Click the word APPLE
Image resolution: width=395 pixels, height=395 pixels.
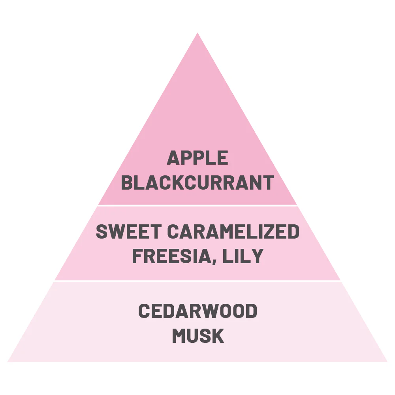click(197, 158)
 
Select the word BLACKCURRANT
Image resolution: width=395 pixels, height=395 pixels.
click(197, 182)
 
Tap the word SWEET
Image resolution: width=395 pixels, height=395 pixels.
click(128, 231)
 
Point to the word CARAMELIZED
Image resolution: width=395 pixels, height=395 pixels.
click(233, 231)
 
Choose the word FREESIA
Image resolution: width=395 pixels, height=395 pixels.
click(172, 256)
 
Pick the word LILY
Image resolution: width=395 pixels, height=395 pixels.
click(243, 256)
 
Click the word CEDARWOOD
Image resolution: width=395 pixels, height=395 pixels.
click(198, 310)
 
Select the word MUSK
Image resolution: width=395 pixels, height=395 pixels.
click(198, 335)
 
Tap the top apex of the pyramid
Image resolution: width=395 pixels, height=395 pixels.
click(197, 33)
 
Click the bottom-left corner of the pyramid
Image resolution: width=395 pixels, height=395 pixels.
click(8, 362)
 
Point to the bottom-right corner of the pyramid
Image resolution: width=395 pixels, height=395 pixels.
click(387, 362)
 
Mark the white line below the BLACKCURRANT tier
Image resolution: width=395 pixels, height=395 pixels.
click(197, 205)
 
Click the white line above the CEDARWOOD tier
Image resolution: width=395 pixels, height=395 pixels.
click(197, 280)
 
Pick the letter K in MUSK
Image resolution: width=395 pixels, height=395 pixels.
click(218, 335)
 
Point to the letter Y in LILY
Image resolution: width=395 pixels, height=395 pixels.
click(257, 256)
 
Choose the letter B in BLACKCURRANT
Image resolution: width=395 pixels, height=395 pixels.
click(127, 182)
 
